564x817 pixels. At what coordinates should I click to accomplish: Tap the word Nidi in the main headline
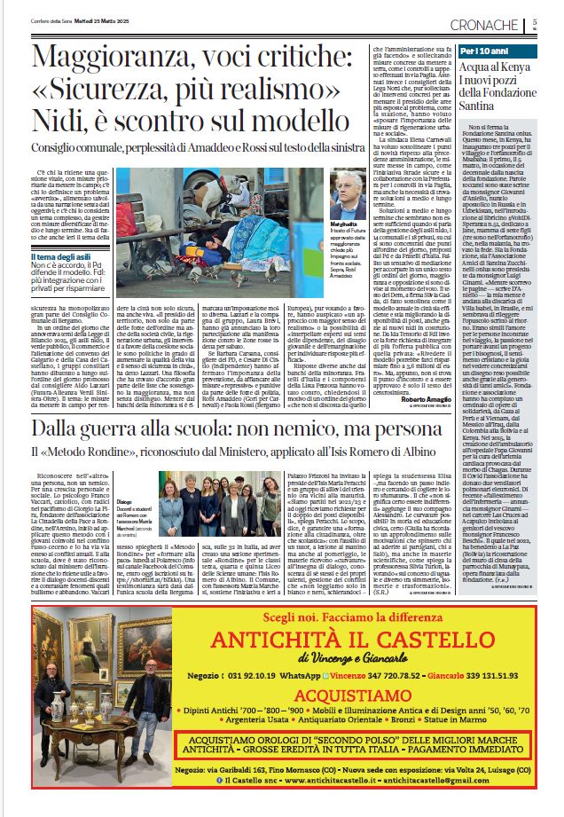pos(63,123)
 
